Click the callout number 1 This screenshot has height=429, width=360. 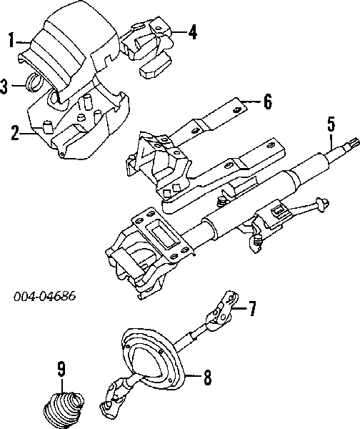click(x=11, y=41)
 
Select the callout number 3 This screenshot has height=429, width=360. click(x=6, y=87)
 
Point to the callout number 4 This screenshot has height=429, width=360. click(x=192, y=31)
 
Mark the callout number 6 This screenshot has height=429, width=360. click(x=267, y=102)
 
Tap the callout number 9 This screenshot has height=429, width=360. click(x=61, y=369)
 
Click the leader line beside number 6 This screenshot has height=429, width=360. click(x=251, y=102)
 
